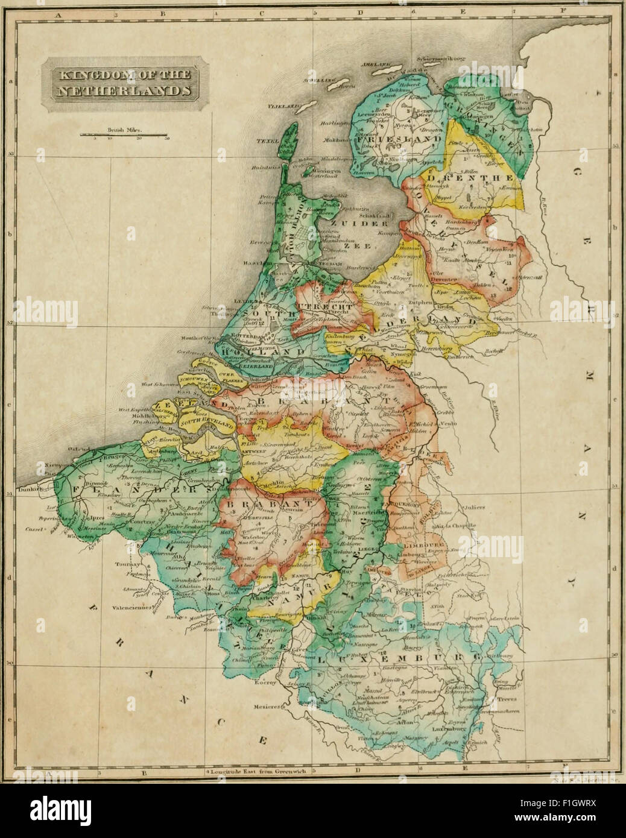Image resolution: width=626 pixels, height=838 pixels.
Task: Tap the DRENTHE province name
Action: tap(469, 178)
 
